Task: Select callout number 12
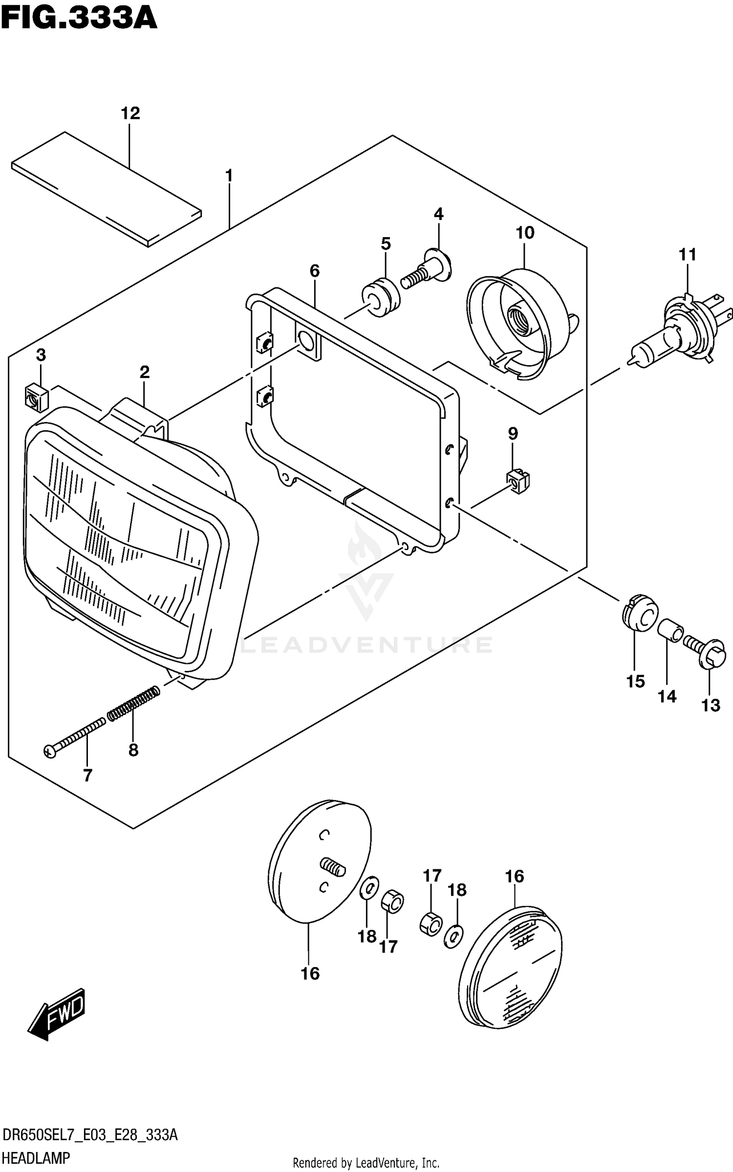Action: click(x=130, y=113)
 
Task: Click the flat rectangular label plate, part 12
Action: click(x=107, y=188)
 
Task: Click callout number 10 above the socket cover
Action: click(x=525, y=233)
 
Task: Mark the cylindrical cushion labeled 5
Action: click(x=381, y=297)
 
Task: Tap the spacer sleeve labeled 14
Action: click(x=670, y=630)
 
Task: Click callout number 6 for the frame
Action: click(x=314, y=270)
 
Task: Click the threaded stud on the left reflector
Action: click(x=333, y=868)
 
